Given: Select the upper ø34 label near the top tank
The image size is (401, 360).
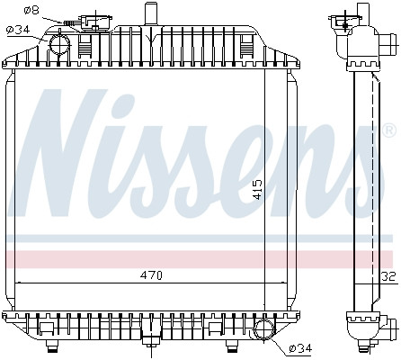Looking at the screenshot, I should pos(19,30).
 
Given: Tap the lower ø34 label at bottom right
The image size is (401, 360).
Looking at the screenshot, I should pos(299,348).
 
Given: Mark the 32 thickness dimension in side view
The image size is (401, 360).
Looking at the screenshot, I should pos(389,276).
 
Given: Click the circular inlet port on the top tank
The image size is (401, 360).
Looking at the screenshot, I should pos(60,43).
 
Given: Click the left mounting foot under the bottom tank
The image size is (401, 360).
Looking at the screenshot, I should pos(52,344).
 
